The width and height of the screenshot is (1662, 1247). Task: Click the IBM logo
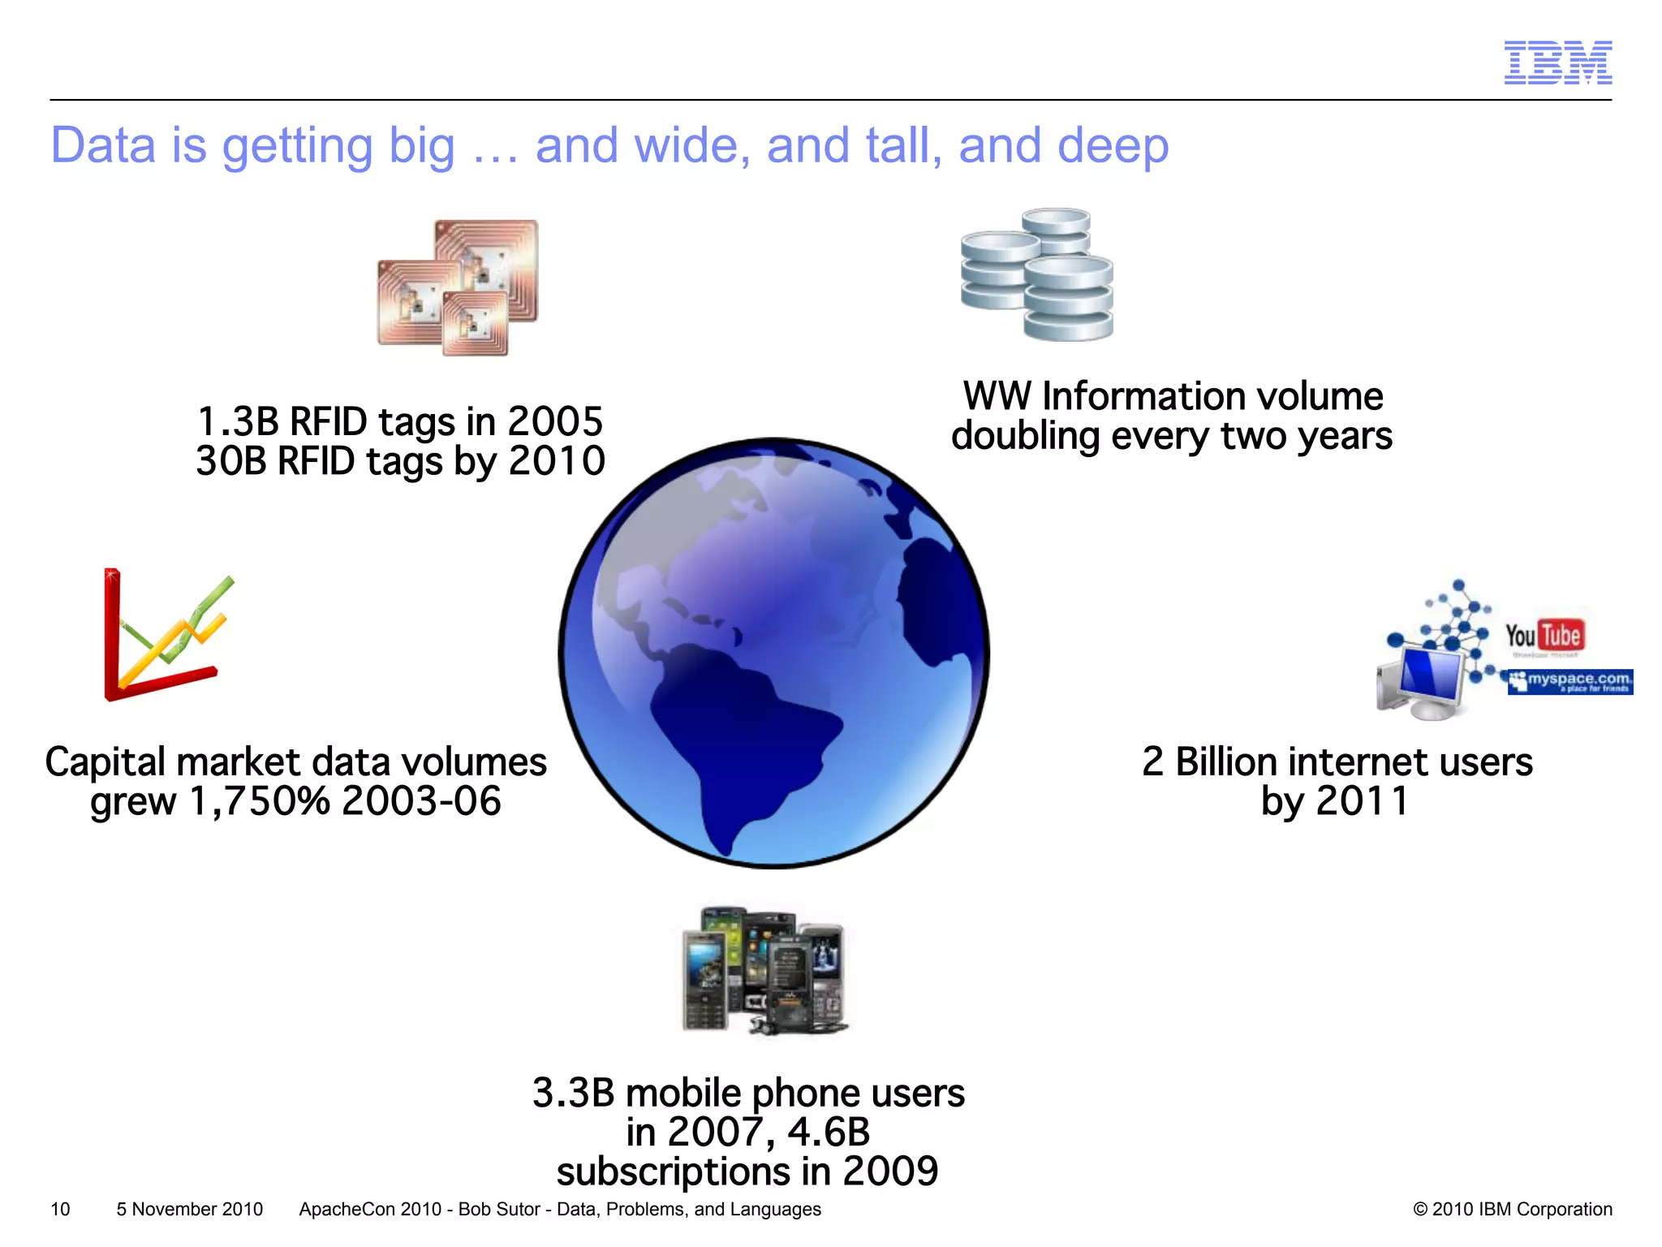tap(1557, 63)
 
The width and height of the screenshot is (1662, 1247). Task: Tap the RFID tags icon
tap(458, 287)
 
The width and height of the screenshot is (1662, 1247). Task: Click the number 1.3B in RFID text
tap(239, 422)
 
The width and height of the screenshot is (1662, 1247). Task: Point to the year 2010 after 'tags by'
tap(557, 461)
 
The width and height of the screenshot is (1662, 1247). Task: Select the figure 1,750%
tap(260, 802)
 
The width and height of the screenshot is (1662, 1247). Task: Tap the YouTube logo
tap(1544, 636)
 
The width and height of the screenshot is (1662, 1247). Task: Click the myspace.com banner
tap(1569, 682)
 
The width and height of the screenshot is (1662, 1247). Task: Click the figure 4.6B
tap(829, 1133)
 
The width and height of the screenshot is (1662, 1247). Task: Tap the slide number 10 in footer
tap(60, 1209)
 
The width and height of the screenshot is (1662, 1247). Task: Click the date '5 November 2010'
tap(189, 1209)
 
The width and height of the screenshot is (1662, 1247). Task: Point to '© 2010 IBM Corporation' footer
tap(1512, 1209)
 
